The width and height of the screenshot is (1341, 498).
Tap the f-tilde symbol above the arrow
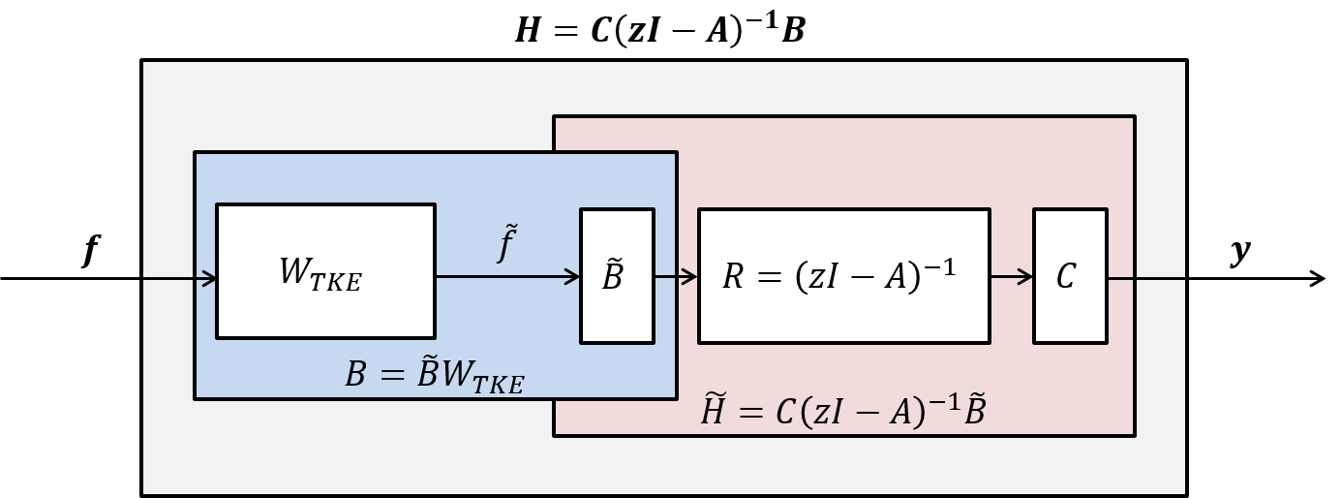point(507,243)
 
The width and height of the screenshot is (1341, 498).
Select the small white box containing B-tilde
point(617,276)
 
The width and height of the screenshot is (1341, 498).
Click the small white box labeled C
point(1069,276)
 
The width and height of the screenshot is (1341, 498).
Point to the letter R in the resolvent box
point(734,277)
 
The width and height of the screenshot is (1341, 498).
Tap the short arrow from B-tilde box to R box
point(676,277)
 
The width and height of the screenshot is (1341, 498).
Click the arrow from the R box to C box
point(1011,277)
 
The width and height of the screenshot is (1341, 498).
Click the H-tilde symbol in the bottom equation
point(713,411)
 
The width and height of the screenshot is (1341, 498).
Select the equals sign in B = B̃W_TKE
point(391,375)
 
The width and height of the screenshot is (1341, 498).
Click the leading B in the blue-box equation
point(355,375)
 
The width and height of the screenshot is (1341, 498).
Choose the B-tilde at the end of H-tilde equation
point(974,411)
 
